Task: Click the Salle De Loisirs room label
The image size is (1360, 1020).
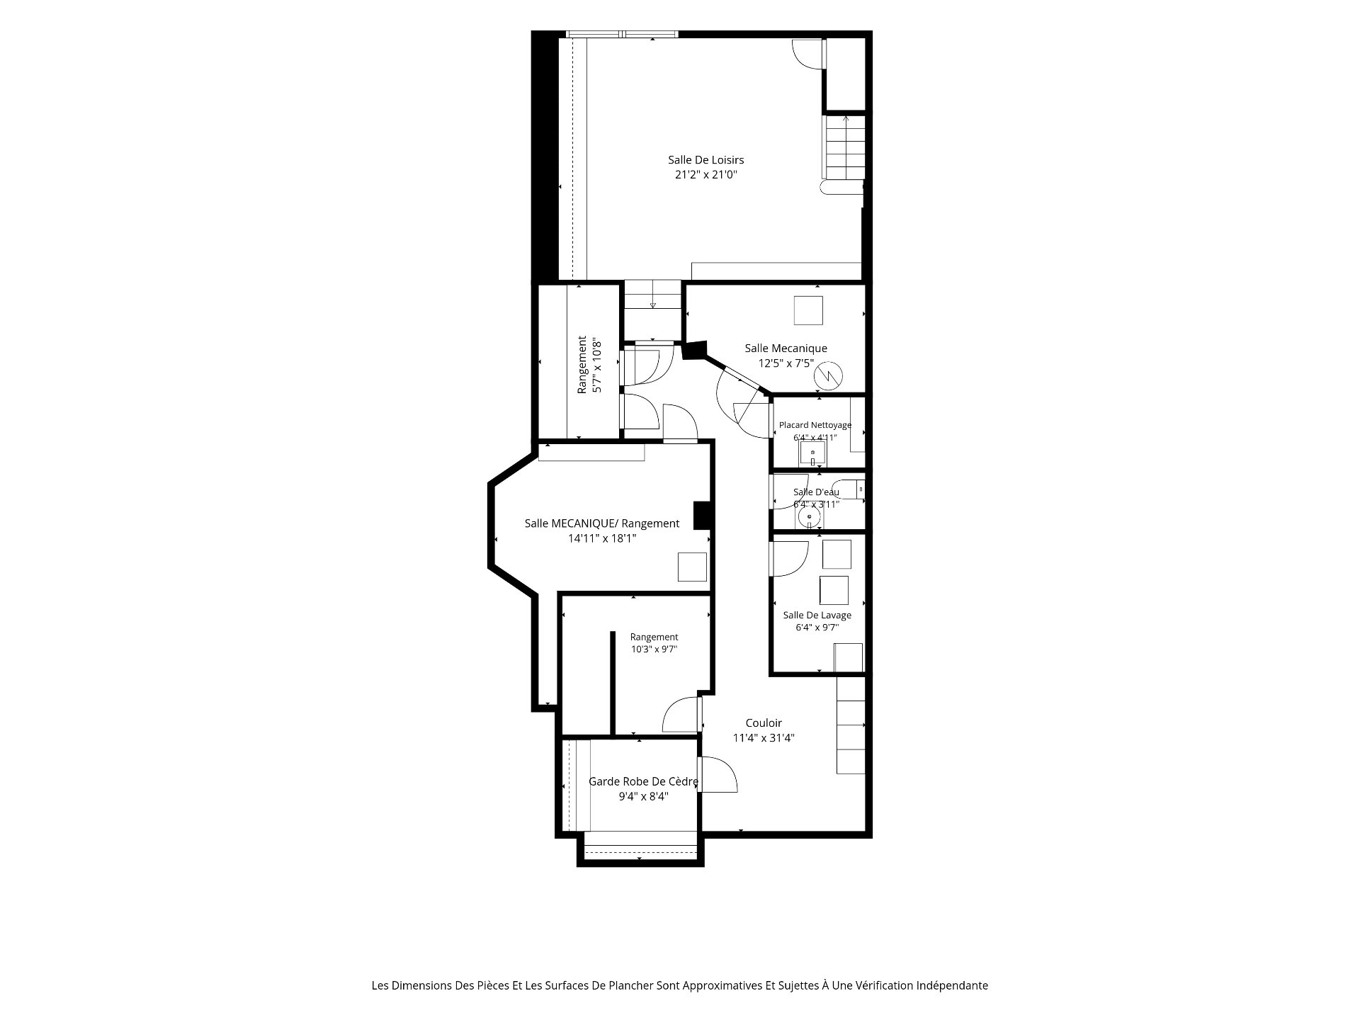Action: [x=705, y=160]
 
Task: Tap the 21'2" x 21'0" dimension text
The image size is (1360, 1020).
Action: [x=705, y=174]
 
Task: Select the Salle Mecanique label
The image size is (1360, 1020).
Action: [x=786, y=348]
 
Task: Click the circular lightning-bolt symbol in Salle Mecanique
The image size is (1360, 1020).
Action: [x=827, y=375]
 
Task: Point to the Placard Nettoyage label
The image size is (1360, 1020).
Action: [x=815, y=425]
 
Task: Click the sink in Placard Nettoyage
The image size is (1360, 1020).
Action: [x=813, y=454]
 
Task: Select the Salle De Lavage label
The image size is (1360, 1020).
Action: [x=817, y=615]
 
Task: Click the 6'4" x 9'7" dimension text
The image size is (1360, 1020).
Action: [x=817, y=627]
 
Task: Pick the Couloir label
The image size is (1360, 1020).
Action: [x=764, y=723]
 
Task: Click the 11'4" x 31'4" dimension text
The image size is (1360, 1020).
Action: [x=764, y=737]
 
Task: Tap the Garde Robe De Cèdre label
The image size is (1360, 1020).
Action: [x=644, y=782]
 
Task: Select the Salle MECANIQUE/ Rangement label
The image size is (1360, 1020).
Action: [x=602, y=523]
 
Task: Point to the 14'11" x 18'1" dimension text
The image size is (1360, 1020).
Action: [x=602, y=538]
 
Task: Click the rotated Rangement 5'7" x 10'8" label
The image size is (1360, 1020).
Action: [x=589, y=365]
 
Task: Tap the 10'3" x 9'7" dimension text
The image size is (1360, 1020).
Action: [x=654, y=649]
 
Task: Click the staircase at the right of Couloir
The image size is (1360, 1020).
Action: [x=851, y=725]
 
